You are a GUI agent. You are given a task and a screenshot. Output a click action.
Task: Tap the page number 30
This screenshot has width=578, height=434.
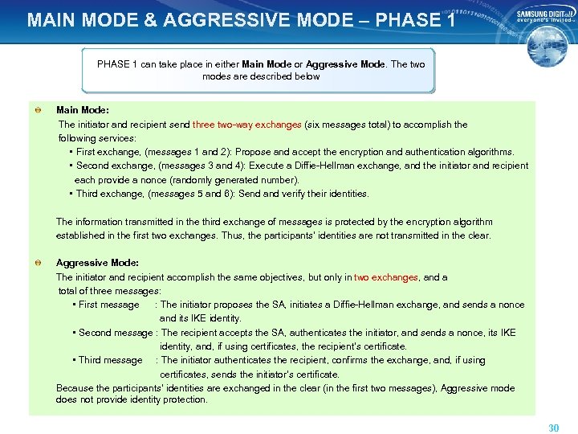(553, 428)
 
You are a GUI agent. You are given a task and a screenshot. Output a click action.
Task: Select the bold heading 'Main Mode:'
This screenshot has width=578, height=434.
(83, 110)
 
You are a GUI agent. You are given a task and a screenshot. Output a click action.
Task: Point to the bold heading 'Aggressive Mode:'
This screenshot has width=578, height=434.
(97, 263)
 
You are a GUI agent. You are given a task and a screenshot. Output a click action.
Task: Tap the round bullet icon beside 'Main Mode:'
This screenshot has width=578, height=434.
(38, 110)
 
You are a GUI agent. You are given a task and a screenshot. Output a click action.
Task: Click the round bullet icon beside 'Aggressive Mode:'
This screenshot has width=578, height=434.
(38, 263)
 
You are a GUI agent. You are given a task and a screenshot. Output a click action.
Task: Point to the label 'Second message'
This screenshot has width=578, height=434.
(117, 333)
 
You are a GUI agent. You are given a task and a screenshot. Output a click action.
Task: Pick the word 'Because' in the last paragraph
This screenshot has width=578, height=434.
(75, 388)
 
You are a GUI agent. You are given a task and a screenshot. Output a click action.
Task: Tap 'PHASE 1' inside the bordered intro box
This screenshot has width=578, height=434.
(117, 63)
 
